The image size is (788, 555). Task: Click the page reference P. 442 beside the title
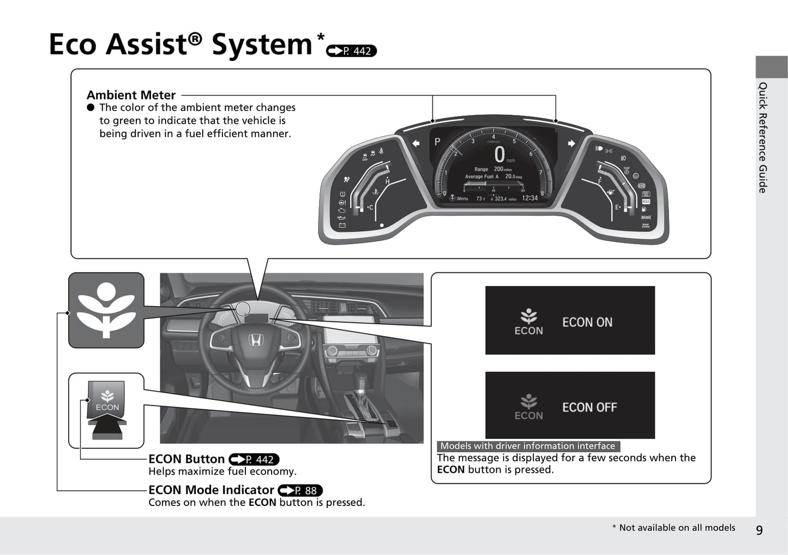[x=351, y=51]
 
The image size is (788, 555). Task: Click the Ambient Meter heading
[x=131, y=95]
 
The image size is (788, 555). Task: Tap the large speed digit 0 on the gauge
[x=499, y=155]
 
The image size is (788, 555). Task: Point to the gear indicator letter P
[x=437, y=142]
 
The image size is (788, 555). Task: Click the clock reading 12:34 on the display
[x=530, y=198]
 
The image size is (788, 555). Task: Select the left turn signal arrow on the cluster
[x=416, y=143]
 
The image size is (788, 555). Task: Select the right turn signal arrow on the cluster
[x=571, y=143]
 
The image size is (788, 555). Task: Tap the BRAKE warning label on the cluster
[x=646, y=217]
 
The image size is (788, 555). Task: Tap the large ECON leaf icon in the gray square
[x=106, y=310]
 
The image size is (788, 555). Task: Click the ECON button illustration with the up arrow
[x=107, y=408]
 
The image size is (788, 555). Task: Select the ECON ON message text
[x=587, y=322]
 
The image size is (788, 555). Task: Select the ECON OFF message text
[x=590, y=407]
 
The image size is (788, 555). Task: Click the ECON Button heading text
[x=187, y=459]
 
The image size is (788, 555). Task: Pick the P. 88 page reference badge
[x=300, y=490]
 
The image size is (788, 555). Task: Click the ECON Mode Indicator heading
[x=211, y=490]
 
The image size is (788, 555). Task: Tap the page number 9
[x=759, y=530]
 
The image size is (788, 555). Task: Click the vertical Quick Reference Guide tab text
[x=762, y=137]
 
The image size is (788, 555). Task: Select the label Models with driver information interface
[x=527, y=446]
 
